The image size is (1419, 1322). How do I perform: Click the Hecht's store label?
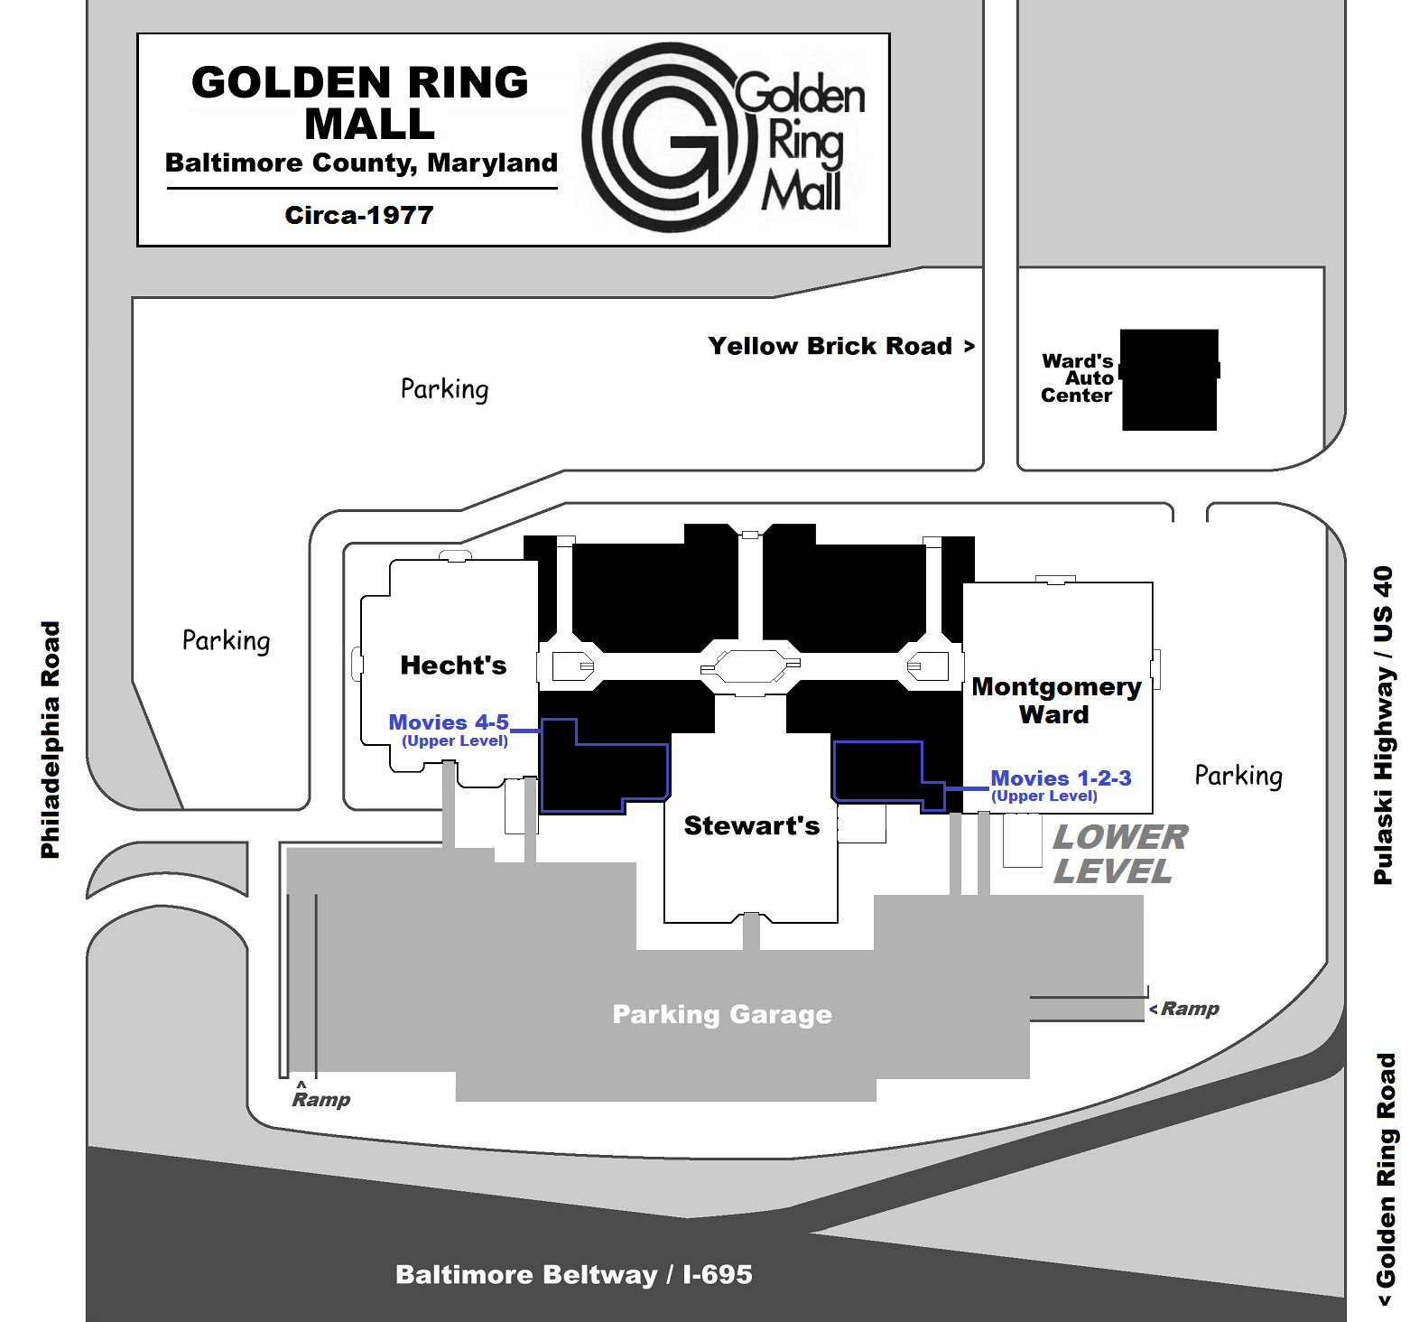click(x=453, y=666)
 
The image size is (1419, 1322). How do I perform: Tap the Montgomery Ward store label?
click(x=1056, y=701)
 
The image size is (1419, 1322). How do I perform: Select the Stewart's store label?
click(x=751, y=825)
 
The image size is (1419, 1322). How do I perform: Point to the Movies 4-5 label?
click(x=449, y=731)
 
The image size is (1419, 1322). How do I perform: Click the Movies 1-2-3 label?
click(x=1061, y=786)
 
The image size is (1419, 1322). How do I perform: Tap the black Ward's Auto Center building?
click(x=1169, y=379)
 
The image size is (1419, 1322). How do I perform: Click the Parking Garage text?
click(x=722, y=1014)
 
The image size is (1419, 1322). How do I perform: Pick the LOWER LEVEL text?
click(x=1120, y=854)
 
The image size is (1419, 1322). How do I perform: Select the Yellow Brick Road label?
click(x=840, y=346)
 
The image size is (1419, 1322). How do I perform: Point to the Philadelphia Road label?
click(x=51, y=740)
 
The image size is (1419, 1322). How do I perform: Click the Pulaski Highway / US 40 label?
click(x=1383, y=725)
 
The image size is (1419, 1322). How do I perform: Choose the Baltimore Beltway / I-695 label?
click(x=573, y=1274)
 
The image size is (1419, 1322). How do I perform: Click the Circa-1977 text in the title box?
click(x=359, y=215)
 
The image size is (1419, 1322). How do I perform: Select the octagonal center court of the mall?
click(x=750, y=666)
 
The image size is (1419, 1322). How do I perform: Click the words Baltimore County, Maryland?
click(x=361, y=163)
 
